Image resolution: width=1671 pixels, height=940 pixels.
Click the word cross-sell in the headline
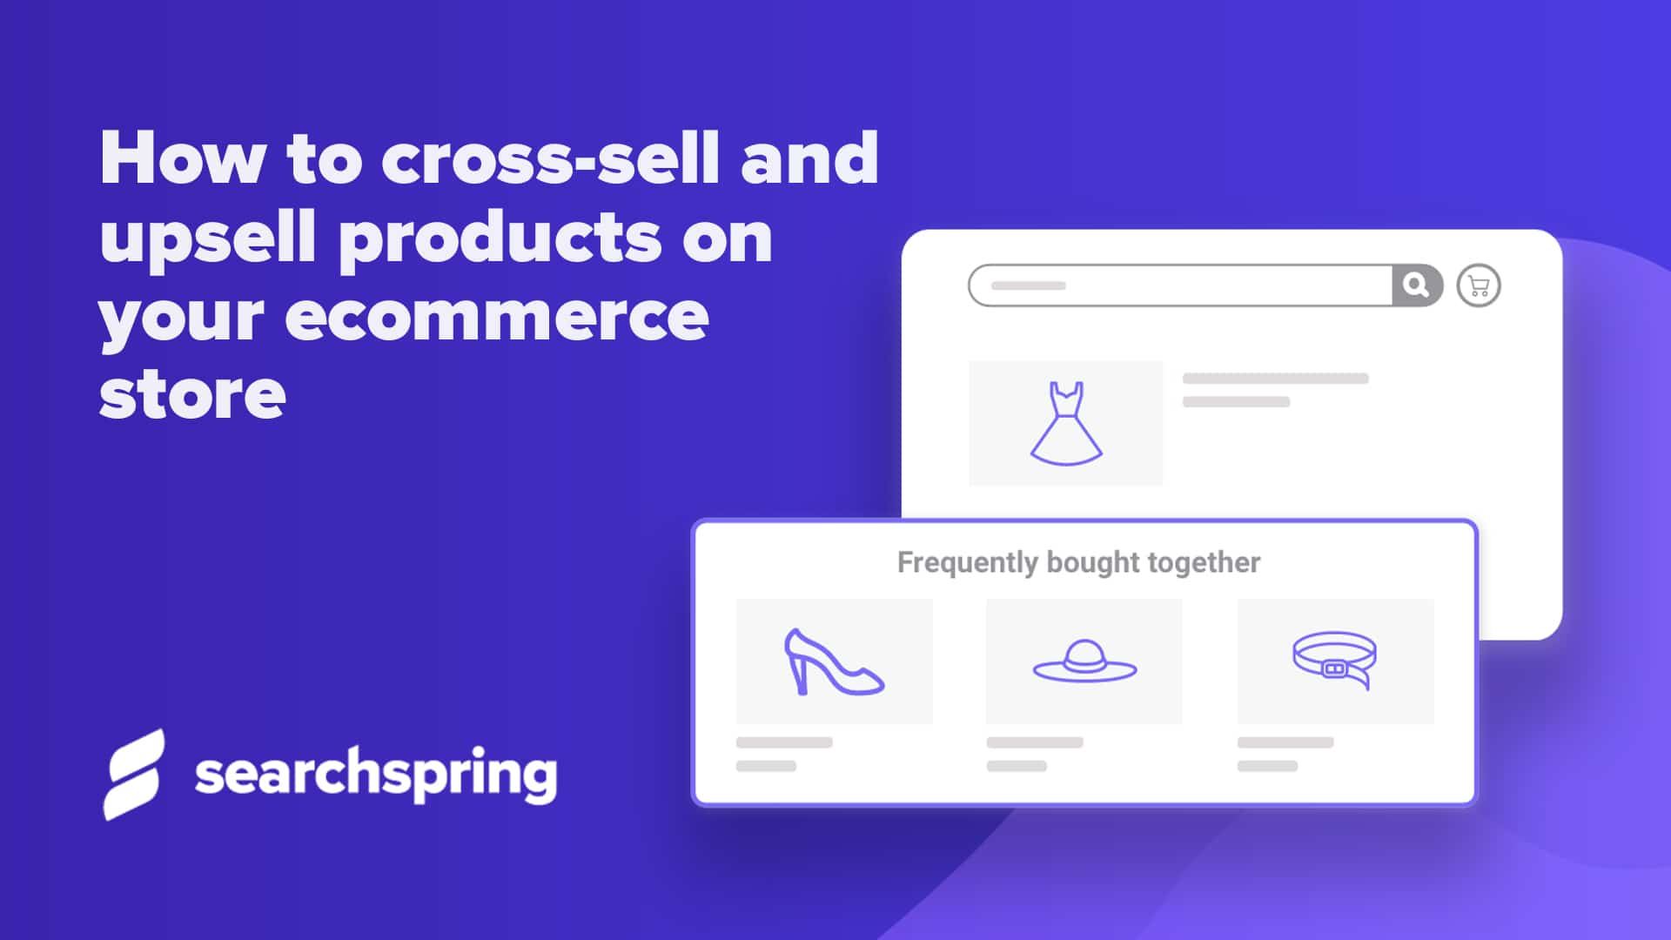[550, 158]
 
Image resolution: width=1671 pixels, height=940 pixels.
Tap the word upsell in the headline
[207, 238]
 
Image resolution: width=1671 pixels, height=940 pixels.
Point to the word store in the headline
[192, 396]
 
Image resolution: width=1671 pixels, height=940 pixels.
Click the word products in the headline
[500, 238]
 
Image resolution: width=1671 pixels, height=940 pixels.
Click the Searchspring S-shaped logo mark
[133, 774]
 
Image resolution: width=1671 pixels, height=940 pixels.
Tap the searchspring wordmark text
[375, 774]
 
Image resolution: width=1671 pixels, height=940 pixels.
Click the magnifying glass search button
[1416, 285]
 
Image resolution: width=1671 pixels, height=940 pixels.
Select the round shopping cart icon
[1478, 285]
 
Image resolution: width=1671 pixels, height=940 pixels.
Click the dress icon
[1065, 423]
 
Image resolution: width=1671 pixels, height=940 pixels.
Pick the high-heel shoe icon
[833, 662]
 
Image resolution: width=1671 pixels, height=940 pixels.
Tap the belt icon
[1334, 660]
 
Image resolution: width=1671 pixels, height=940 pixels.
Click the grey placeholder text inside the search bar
[1028, 285]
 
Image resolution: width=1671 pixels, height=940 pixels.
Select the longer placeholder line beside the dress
[1275, 379]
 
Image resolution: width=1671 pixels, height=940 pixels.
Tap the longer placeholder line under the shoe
[784, 742]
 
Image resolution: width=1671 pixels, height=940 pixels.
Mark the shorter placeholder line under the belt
[1267, 766]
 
